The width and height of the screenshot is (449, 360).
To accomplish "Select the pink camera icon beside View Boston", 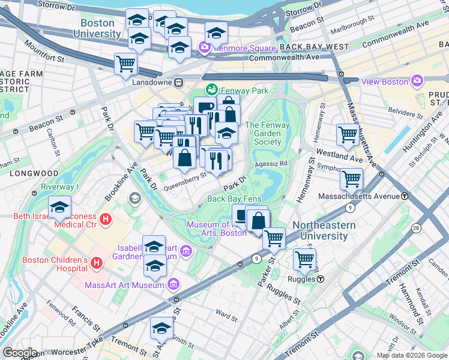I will [418, 82].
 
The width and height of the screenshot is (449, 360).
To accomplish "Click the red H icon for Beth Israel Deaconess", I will [106, 220].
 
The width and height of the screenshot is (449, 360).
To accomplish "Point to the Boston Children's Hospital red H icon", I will [96, 262].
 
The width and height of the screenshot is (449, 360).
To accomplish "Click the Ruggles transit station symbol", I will [321, 279].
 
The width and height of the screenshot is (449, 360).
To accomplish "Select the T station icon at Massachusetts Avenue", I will [405, 196].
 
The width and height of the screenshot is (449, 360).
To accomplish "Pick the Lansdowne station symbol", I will [178, 82].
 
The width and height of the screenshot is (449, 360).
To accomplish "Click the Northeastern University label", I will [324, 231].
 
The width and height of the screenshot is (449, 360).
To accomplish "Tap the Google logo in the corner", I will [20, 353].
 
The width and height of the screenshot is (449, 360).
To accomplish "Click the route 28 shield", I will [416, 227].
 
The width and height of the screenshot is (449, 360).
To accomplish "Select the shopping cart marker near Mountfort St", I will [126, 63].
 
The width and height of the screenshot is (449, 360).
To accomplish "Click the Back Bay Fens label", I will [234, 199].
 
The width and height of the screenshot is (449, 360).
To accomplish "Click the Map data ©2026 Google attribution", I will [412, 355].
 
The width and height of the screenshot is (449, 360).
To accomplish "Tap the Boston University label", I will [97, 29].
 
